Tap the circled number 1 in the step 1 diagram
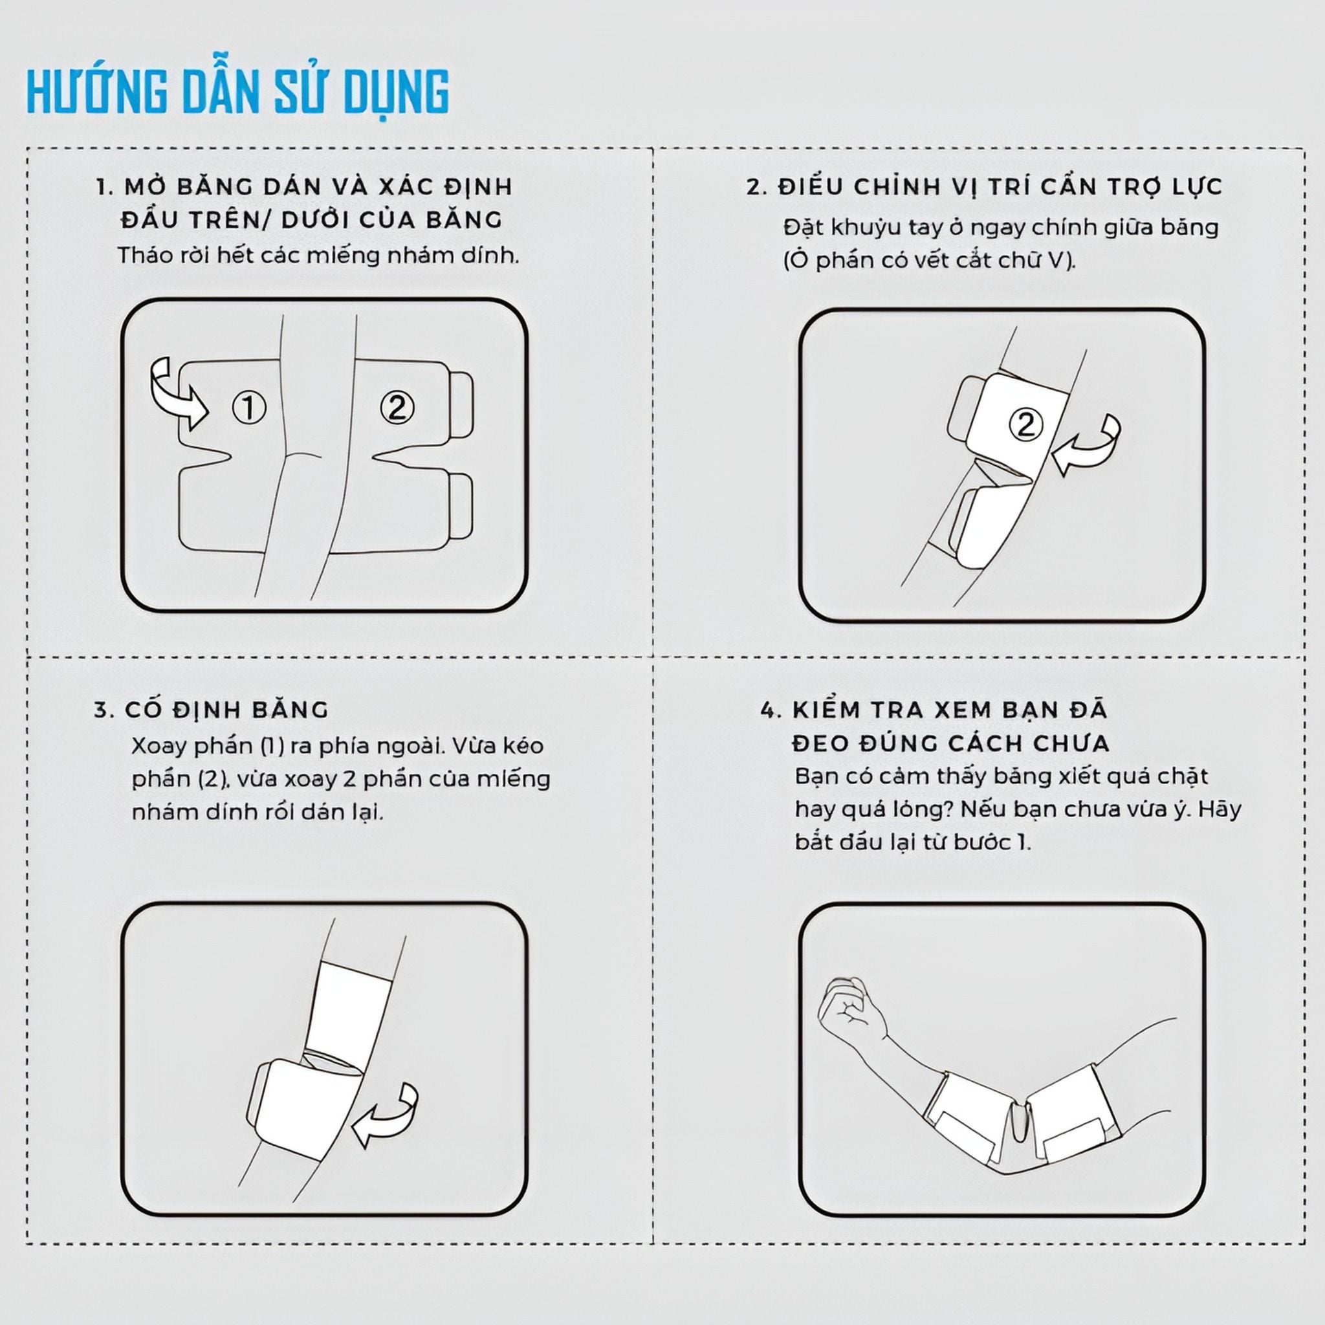249,408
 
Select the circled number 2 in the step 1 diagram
397,408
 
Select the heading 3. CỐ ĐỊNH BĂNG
211,710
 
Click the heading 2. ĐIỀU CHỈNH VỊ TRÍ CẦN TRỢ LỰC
985,186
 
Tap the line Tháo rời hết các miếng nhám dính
318,255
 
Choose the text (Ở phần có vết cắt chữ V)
929,261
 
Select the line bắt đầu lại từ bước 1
913,842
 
